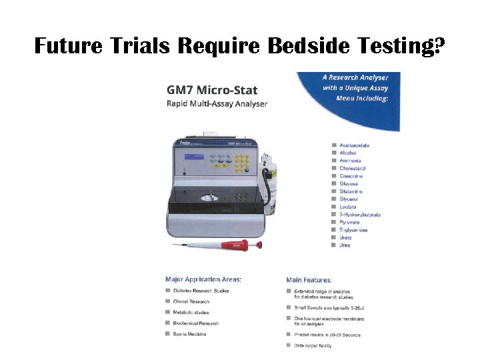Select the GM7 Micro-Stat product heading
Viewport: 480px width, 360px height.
[x=212, y=90]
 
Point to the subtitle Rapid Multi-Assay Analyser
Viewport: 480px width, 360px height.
[x=217, y=103]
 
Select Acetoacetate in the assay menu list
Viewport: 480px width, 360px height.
[x=354, y=145]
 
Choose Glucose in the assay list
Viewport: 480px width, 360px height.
[x=349, y=184]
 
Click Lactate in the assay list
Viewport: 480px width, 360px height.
[x=348, y=207]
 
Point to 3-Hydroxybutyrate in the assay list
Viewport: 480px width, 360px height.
[x=360, y=215]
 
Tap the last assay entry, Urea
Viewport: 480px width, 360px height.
[x=345, y=245]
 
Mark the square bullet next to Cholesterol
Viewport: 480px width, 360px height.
[x=333, y=169]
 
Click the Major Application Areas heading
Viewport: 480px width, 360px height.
[x=203, y=279]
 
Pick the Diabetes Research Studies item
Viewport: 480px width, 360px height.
[x=201, y=291]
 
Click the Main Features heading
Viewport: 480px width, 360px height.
[x=309, y=280]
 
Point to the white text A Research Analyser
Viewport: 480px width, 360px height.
[x=355, y=78]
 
